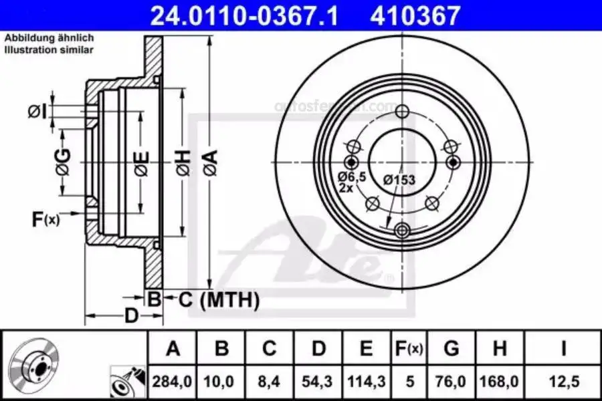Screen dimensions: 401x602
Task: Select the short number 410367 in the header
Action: pos(415,15)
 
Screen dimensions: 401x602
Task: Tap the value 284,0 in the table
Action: pos(173,382)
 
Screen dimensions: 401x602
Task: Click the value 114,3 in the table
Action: pos(366,382)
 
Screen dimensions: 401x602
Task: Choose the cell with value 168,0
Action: pos(500,382)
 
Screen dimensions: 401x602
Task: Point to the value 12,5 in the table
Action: pos(563,382)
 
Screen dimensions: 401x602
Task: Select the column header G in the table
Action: pos(451,348)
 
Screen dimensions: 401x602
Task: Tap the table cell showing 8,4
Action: pos(269,382)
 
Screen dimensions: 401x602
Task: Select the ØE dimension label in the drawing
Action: pos(141,161)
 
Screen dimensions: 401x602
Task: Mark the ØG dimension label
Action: pos(62,162)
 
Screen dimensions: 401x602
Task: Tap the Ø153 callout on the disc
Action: pos(399,179)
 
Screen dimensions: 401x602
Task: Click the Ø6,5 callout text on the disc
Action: pos(352,176)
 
